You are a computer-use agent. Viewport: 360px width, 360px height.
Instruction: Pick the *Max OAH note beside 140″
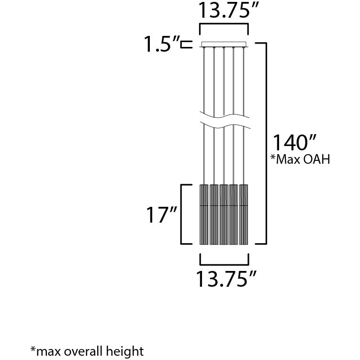(x=301, y=159)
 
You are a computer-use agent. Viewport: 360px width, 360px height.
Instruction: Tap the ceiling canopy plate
(x=225, y=45)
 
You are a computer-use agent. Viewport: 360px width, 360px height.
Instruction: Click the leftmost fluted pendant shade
(x=204, y=214)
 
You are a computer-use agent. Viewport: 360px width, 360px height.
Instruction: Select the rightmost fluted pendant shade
(x=244, y=214)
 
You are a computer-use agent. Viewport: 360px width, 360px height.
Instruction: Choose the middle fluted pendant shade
(x=224, y=214)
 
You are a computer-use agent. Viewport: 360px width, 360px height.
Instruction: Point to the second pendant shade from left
(x=214, y=214)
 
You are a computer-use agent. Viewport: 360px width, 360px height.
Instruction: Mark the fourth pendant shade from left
(x=234, y=214)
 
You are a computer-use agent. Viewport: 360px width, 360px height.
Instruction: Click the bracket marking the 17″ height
(x=181, y=214)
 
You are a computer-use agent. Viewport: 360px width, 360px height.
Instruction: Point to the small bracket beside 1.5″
(x=187, y=45)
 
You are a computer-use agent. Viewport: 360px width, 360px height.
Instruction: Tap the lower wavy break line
(x=225, y=125)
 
